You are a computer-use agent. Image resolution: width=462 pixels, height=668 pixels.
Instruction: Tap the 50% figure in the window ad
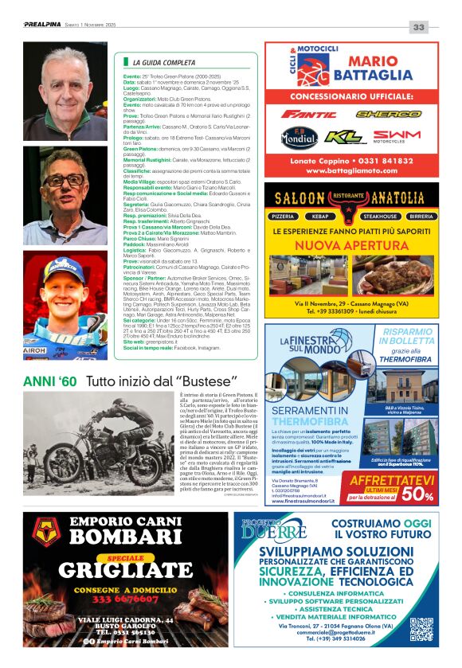point(418,494)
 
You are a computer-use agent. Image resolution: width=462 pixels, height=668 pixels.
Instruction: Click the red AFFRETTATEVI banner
point(392,480)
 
